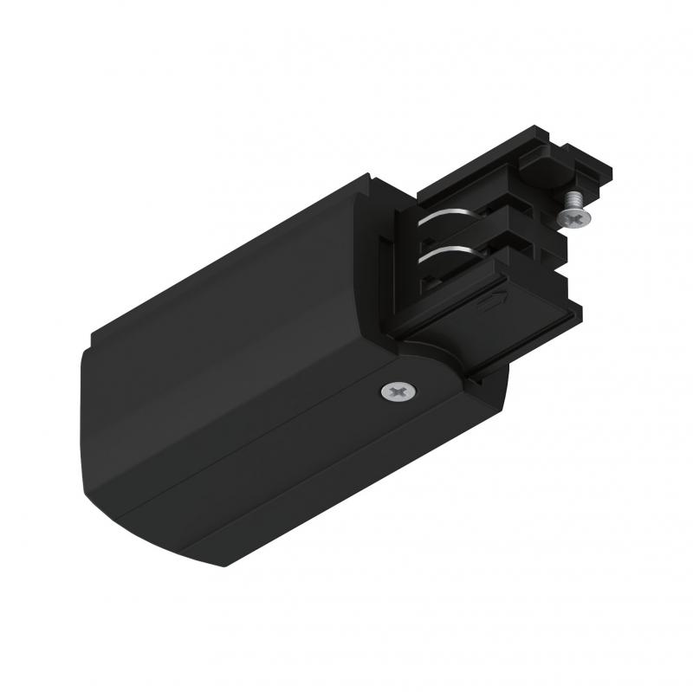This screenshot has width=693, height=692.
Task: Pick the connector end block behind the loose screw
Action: [x=580, y=182]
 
